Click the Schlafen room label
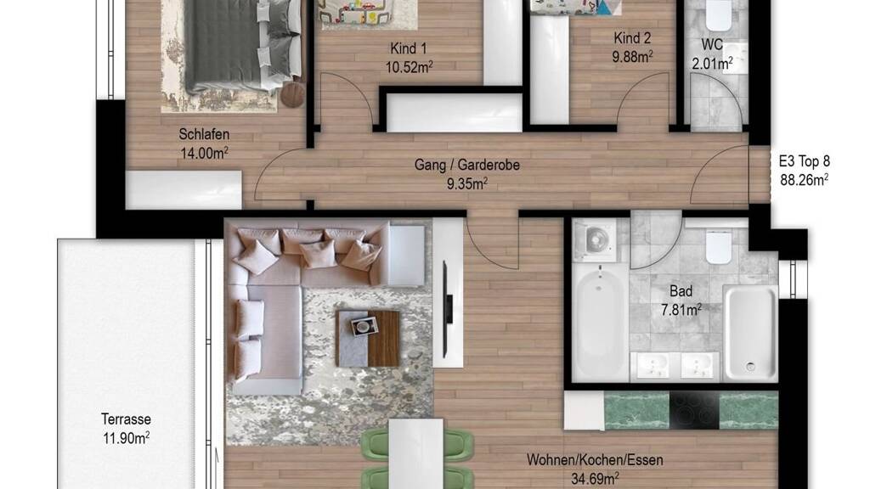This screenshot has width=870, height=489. click(204, 134)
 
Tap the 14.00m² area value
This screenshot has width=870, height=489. click(204, 153)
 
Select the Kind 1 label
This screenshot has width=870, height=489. click(409, 48)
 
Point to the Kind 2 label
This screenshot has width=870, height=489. click(632, 38)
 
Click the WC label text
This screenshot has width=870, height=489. click(712, 44)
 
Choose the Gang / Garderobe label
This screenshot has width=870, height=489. click(467, 165)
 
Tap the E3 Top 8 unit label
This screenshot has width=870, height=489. click(804, 161)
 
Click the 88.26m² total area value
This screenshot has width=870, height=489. click(804, 180)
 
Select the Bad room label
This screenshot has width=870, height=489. click(681, 291)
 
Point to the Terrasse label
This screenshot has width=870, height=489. click(126, 419)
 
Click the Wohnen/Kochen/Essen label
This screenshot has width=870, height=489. click(595, 459)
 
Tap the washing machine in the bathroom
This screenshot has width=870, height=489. click(594, 240)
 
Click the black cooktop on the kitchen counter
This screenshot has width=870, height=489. click(694, 410)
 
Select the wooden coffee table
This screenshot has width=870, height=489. click(367, 338)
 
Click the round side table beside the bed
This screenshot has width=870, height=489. click(292, 93)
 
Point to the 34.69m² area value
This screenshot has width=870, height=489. click(595, 479)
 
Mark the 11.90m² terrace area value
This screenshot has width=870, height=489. click(126, 438)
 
